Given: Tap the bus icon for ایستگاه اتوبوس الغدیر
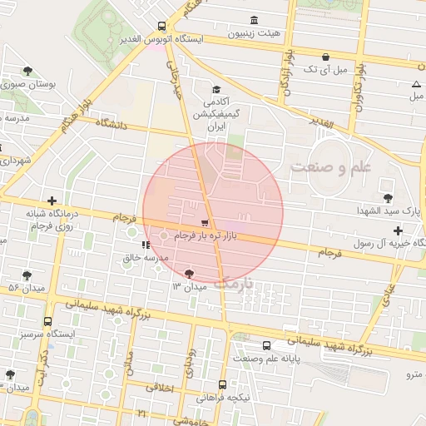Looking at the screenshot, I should [x=160, y=26].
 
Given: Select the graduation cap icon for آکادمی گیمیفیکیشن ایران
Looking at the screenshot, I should [x=216, y=90].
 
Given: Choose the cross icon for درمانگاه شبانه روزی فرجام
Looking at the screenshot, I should [x=52, y=201].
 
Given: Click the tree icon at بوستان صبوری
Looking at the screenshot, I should [x=28, y=72].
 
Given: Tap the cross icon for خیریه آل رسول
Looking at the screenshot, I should [x=399, y=230].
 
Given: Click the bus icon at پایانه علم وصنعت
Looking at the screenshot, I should [x=266, y=345].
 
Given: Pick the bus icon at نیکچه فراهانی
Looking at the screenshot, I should [x=222, y=384].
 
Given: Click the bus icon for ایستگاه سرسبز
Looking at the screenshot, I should [x=47, y=321].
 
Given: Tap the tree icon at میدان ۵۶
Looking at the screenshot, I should [x=27, y=275].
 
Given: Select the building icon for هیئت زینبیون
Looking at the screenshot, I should [x=253, y=20].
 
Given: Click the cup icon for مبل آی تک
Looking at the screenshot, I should [x=324, y=57].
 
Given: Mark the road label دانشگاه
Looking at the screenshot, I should [x=112, y=125].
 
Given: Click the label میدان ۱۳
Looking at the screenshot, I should [x=188, y=286].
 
